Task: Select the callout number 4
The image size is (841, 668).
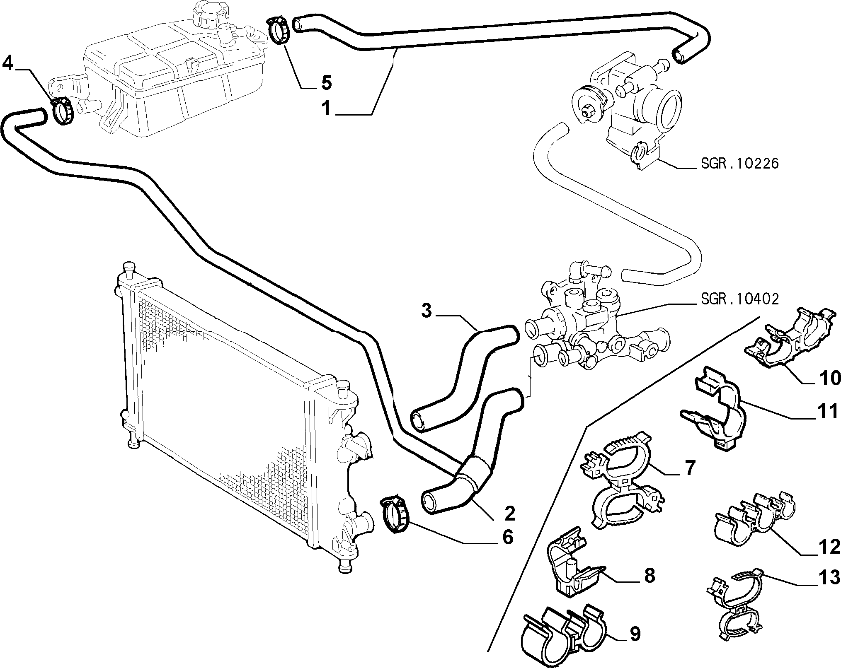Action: [9, 64]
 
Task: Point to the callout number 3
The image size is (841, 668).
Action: [427, 311]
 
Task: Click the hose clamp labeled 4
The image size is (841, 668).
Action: [63, 110]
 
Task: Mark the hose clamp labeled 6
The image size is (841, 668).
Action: [395, 515]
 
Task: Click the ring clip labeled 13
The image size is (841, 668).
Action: [736, 608]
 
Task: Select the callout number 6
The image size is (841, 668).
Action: [508, 537]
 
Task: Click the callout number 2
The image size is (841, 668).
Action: [509, 514]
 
